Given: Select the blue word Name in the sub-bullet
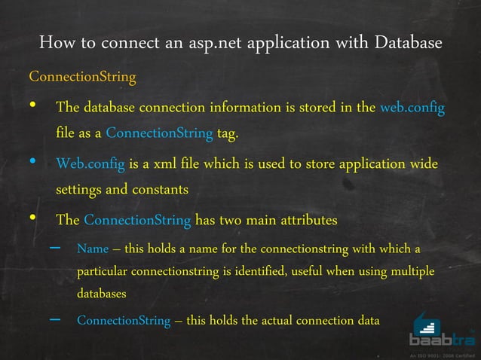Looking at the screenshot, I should (93, 249).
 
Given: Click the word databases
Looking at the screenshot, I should (102, 293).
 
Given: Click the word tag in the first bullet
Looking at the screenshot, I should (228, 135).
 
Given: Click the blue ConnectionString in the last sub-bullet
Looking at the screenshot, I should (124, 320).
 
